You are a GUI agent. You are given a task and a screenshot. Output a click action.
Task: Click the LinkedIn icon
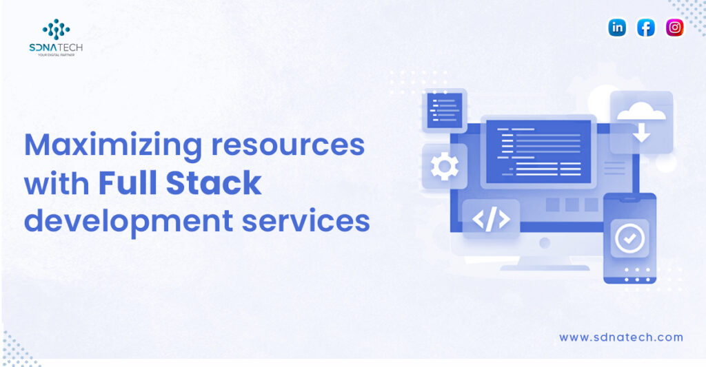tap(617, 28)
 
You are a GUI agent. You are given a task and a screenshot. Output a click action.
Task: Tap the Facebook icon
tap(645, 28)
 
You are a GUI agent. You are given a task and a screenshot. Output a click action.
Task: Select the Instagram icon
tap(674, 28)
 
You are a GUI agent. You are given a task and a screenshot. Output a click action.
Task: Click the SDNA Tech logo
tap(56, 37)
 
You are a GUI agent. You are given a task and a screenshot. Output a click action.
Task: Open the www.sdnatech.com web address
tap(621, 337)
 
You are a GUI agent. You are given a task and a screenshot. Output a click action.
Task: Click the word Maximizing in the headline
tap(113, 146)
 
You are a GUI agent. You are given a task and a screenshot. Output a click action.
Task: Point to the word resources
tap(288, 145)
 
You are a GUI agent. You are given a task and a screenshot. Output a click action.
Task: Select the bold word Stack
tap(214, 182)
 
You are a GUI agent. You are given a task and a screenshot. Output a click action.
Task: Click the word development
tap(129, 221)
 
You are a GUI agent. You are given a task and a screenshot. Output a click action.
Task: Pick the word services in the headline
tap(305, 221)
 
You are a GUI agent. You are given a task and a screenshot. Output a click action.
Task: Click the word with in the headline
tap(57, 182)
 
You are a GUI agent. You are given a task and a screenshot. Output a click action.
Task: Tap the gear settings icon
tap(445, 167)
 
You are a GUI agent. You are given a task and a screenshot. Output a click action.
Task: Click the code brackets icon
tap(491, 219)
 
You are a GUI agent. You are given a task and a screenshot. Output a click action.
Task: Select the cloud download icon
tap(641, 121)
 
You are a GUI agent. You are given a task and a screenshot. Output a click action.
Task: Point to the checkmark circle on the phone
tap(629, 238)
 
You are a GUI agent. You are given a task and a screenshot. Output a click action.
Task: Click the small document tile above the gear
tap(445, 111)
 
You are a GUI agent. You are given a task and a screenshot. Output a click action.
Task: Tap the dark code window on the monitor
tap(538, 151)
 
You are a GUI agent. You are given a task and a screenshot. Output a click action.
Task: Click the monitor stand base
tap(545, 268)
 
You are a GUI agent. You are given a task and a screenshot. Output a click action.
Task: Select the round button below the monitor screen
tap(545, 243)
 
